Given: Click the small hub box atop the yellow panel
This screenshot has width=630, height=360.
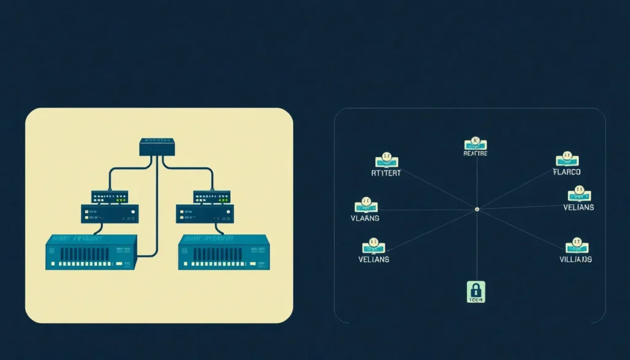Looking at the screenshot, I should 157,146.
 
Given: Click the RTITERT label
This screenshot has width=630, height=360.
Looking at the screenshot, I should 386,173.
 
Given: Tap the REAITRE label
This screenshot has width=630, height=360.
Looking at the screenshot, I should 475,154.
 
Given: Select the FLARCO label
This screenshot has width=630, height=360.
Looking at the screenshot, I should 567,172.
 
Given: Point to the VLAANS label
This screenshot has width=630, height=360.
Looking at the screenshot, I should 365,218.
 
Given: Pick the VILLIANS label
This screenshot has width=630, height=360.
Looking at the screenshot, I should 575,259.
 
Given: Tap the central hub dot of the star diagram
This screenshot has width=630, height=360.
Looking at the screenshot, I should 477,209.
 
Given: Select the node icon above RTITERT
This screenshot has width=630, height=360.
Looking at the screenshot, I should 387,161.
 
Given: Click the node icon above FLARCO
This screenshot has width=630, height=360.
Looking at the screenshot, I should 567,159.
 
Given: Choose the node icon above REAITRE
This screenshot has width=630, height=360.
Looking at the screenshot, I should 475,143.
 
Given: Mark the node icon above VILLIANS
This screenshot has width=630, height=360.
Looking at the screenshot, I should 577,246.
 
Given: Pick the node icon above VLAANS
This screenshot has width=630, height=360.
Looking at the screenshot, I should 366,206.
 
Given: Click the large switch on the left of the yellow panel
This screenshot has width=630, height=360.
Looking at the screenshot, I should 90,252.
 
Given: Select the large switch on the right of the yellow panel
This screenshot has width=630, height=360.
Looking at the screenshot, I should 223,252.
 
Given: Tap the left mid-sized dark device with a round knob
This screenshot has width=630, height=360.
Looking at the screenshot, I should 110,214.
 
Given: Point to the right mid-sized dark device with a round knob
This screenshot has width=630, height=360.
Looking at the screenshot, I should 205,214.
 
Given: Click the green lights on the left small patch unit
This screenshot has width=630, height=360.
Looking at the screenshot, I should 121,199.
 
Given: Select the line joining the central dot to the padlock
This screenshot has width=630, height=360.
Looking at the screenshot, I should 476,246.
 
